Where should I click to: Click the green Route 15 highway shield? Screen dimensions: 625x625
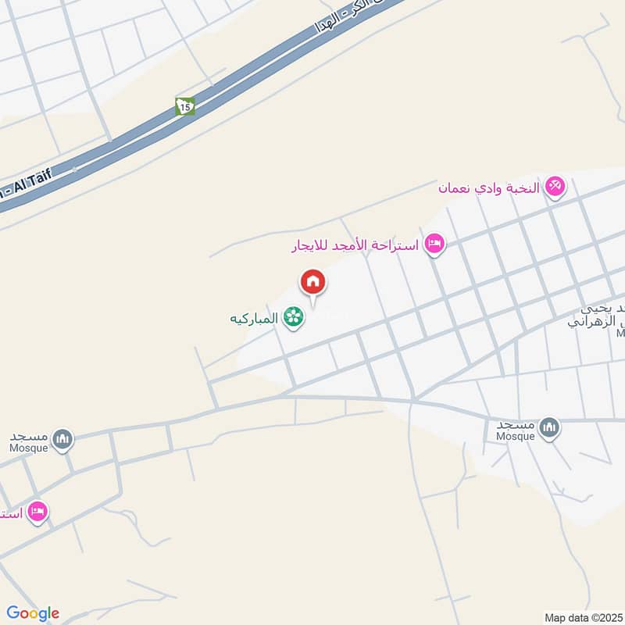pos(184,106)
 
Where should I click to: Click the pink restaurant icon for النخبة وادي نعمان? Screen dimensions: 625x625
pos(555,187)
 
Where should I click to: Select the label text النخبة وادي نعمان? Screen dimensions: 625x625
pos(489,188)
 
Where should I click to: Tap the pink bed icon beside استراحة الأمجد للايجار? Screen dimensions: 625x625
pos(435,245)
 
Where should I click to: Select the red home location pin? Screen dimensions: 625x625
pos(313,282)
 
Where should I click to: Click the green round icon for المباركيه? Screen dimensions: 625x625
pos(294,317)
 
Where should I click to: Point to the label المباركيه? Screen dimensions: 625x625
pos(254,318)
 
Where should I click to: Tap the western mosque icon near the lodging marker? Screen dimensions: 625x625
pos(63,439)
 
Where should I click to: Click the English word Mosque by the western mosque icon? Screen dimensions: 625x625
pos(28,448)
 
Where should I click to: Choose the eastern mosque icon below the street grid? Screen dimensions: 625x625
pos(550,427)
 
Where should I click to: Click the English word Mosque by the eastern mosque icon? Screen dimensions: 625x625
pos(515,436)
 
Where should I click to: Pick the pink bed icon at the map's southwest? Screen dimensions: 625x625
pos(37,512)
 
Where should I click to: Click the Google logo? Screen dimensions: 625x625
pos(33,613)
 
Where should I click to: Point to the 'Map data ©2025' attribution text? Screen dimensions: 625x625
pos(582,617)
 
